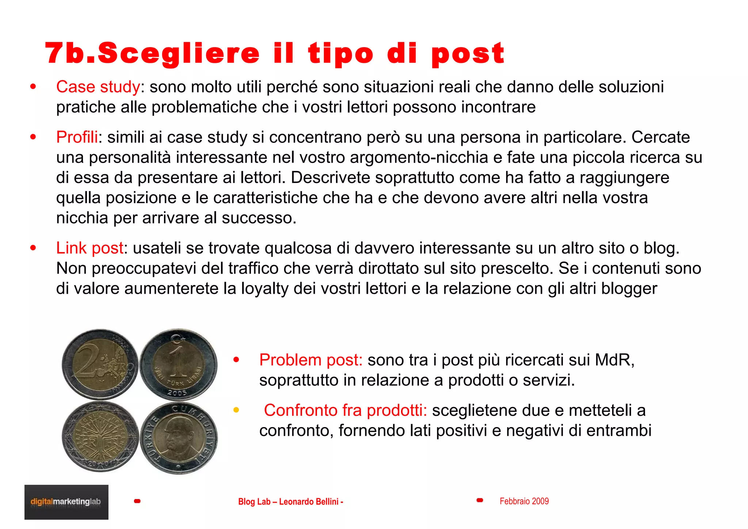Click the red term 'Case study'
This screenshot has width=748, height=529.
click(98, 87)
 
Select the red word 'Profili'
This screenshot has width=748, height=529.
click(77, 137)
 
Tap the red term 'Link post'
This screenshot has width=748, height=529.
click(89, 248)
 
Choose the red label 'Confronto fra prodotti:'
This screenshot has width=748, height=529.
click(345, 410)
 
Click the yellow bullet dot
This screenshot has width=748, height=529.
click(236, 410)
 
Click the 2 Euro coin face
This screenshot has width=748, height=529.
click(100, 364)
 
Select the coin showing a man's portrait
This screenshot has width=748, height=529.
click(179, 438)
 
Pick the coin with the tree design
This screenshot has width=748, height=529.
click(100, 437)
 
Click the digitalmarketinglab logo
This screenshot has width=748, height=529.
click(66, 502)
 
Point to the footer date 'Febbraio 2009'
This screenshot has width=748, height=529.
click(524, 501)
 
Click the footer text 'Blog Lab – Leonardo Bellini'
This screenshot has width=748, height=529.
click(290, 502)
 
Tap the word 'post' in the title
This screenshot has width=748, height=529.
click(467, 54)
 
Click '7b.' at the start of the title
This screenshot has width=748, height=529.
click(69, 53)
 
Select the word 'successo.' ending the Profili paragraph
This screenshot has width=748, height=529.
click(259, 218)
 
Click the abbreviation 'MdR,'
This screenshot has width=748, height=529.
click(615, 360)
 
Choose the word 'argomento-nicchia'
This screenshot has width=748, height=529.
click(419, 158)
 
